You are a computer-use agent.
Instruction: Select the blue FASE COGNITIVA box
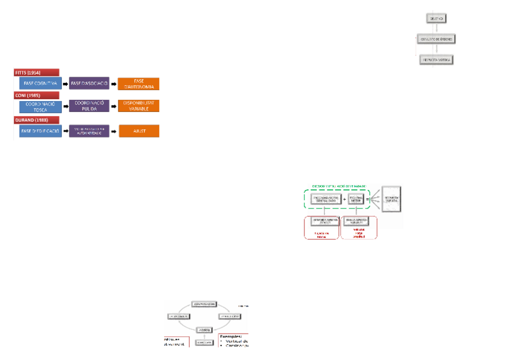pyautogui.click(x=40, y=84)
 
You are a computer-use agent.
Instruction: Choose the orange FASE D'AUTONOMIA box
pyautogui.click(x=138, y=84)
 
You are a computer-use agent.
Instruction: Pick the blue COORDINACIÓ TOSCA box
pyautogui.click(x=40, y=106)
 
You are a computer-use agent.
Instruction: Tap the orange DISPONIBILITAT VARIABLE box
pyautogui.click(x=138, y=106)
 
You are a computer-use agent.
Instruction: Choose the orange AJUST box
pyautogui.click(x=138, y=131)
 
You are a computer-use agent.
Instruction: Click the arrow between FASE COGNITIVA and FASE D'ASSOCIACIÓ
pyautogui.click(x=65, y=84)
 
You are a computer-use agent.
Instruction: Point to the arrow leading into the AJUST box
pyautogui.click(x=114, y=131)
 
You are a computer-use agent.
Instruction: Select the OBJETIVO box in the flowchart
pyautogui.click(x=435, y=19)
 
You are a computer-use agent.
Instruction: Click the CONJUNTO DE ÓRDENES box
pyautogui.click(x=435, y=39)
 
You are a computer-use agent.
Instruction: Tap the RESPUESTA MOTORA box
pyautogui.click(x=435, y=59)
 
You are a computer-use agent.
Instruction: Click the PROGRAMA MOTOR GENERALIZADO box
pyautogui.click(x=327, y=199)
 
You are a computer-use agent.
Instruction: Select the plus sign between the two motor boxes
pyautogui.click(x=344, y=199)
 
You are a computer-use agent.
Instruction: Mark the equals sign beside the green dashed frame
pyautogui.click(x=367, y=199)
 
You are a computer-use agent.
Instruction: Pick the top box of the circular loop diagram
pyautogui.click(x=204, y=304)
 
